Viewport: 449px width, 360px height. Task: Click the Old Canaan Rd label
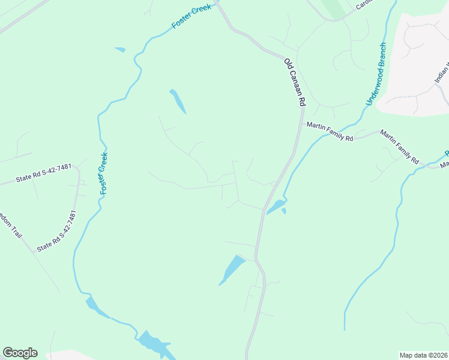point(295,83)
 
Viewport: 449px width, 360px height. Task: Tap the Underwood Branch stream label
point(375,74)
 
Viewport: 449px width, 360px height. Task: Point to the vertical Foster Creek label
point(103,173)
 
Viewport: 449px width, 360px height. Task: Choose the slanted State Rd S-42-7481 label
point(57,231)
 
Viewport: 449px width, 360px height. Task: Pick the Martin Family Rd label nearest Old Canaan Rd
point(330,131)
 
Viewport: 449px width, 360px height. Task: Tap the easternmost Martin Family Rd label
point(399,151)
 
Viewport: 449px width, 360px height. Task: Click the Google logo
point(20,353)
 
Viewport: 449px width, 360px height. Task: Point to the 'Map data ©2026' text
point(424,355)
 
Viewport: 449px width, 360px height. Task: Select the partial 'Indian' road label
point(441,72)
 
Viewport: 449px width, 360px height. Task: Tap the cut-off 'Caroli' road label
point(364,5)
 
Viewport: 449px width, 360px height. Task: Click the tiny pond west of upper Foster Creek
point(120,50)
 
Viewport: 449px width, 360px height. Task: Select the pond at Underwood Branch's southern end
point(276,208)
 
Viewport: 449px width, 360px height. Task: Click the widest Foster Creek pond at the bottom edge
point(155,344)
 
